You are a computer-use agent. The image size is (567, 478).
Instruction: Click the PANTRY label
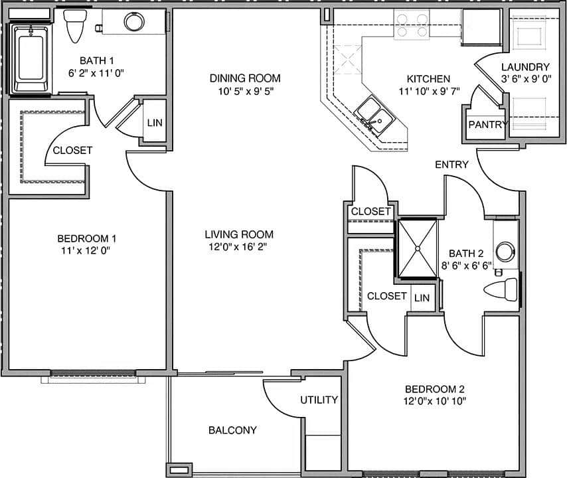pyautogui.click(x=488, y=124)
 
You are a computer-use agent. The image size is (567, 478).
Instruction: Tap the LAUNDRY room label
pyautogui.click(x=525, y=66)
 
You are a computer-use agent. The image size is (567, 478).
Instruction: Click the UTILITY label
pyautogui.click(x=319, y=400)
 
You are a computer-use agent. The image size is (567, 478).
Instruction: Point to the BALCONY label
pyautogui.click(x=232, y=430)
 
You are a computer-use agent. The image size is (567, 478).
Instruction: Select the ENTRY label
pyautogui.click(x=451, y=164)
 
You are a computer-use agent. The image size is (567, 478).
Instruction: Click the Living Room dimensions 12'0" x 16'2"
pyautogui.click(x=239, y=247)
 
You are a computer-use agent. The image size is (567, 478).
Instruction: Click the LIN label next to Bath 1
pyautogui.click(x=155, y=123)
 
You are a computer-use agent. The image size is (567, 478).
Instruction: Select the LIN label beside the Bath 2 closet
pyautogui.click(x=422, y=298)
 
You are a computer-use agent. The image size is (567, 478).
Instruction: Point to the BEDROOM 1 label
pyautogui.click(x=87, y=238)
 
